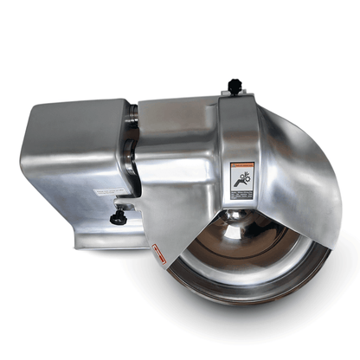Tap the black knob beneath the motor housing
pyautogui.click(x=118, y=219)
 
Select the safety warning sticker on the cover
pyautogui.click(x=242, y=177)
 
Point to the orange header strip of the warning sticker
pyautogui.click(x=242, y=163)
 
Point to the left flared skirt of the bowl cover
pyautogui.click(x=186, y=225)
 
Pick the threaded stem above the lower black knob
pyautogui.click(x=119, y=208)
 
